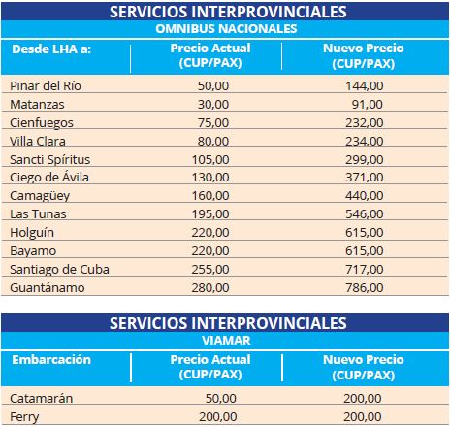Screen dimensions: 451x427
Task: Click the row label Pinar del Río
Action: click(46, 86)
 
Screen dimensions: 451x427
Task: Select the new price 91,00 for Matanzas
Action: click(368, 105)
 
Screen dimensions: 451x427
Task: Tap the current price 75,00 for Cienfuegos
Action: click(213, 123)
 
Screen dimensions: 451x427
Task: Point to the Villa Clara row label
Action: click(38, 142)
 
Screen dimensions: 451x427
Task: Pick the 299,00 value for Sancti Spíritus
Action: click(365, 160)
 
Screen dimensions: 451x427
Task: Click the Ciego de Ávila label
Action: click(49, 178)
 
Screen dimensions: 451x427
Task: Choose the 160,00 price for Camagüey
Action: click(210, 196)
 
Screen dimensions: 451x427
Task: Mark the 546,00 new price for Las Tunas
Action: click(365, 214)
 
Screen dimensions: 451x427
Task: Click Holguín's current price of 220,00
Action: click(210, 233)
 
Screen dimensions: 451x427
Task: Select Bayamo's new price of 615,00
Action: click(365, 251)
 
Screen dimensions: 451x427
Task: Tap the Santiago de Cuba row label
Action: click(59, 270)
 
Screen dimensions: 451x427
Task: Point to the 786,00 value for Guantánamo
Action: click(365, 288)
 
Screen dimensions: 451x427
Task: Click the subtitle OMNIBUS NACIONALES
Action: click(226, 29)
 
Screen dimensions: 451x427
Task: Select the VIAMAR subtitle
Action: click(226, 341)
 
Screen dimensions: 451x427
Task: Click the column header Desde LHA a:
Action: click(51, 49)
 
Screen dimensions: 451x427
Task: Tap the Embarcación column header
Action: click(51, 360)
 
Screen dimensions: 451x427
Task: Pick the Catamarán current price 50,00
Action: click(221, 399)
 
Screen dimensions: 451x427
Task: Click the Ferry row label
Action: click(24, 417)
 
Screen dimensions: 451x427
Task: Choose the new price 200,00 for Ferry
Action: click(363, 417)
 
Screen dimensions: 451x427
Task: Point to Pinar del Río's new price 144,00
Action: click(365, 86)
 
